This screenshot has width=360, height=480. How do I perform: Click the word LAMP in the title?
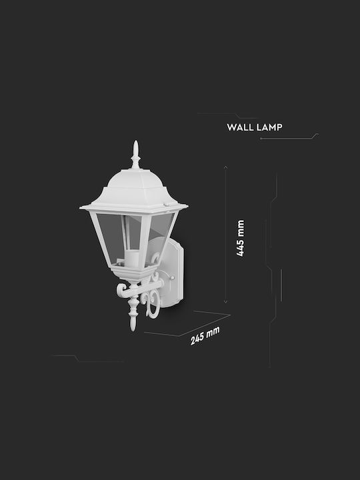click(269, 127)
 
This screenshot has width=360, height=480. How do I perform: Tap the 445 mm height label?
click(240, 238)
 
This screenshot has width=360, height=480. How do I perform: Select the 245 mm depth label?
click(205, 336)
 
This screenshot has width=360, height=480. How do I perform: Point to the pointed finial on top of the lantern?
click(135, 155)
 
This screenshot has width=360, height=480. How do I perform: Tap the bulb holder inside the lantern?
click(132, 258)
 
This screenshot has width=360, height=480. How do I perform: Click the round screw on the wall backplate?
click(172, 278)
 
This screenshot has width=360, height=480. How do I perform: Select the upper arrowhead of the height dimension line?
click(225, 167)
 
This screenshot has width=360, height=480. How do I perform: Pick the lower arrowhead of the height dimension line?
click(225, 302)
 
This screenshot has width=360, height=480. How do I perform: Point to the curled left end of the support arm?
click(121, 290)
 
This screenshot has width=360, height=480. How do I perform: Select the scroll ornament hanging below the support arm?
click(151, 303)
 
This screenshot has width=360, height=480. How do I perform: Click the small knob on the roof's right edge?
click(167, 204)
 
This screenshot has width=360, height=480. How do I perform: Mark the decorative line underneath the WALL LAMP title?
click(289, 137)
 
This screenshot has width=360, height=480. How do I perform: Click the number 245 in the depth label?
click(197, 339)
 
